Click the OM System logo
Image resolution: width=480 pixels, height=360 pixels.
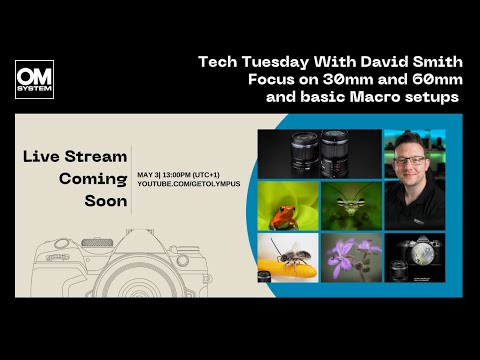coord(34,79)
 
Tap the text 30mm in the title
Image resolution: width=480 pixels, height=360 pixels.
coord(336,80)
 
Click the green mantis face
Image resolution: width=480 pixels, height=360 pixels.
coord(350,203)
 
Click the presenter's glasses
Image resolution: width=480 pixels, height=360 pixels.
coord(412,159)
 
